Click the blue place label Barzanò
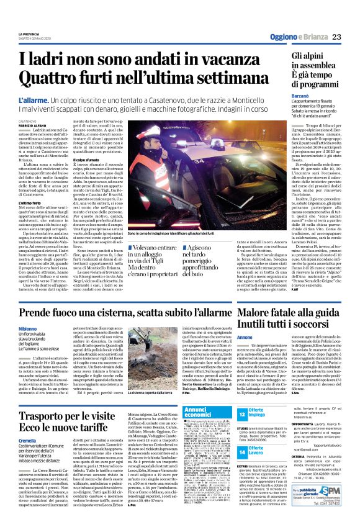283,97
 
